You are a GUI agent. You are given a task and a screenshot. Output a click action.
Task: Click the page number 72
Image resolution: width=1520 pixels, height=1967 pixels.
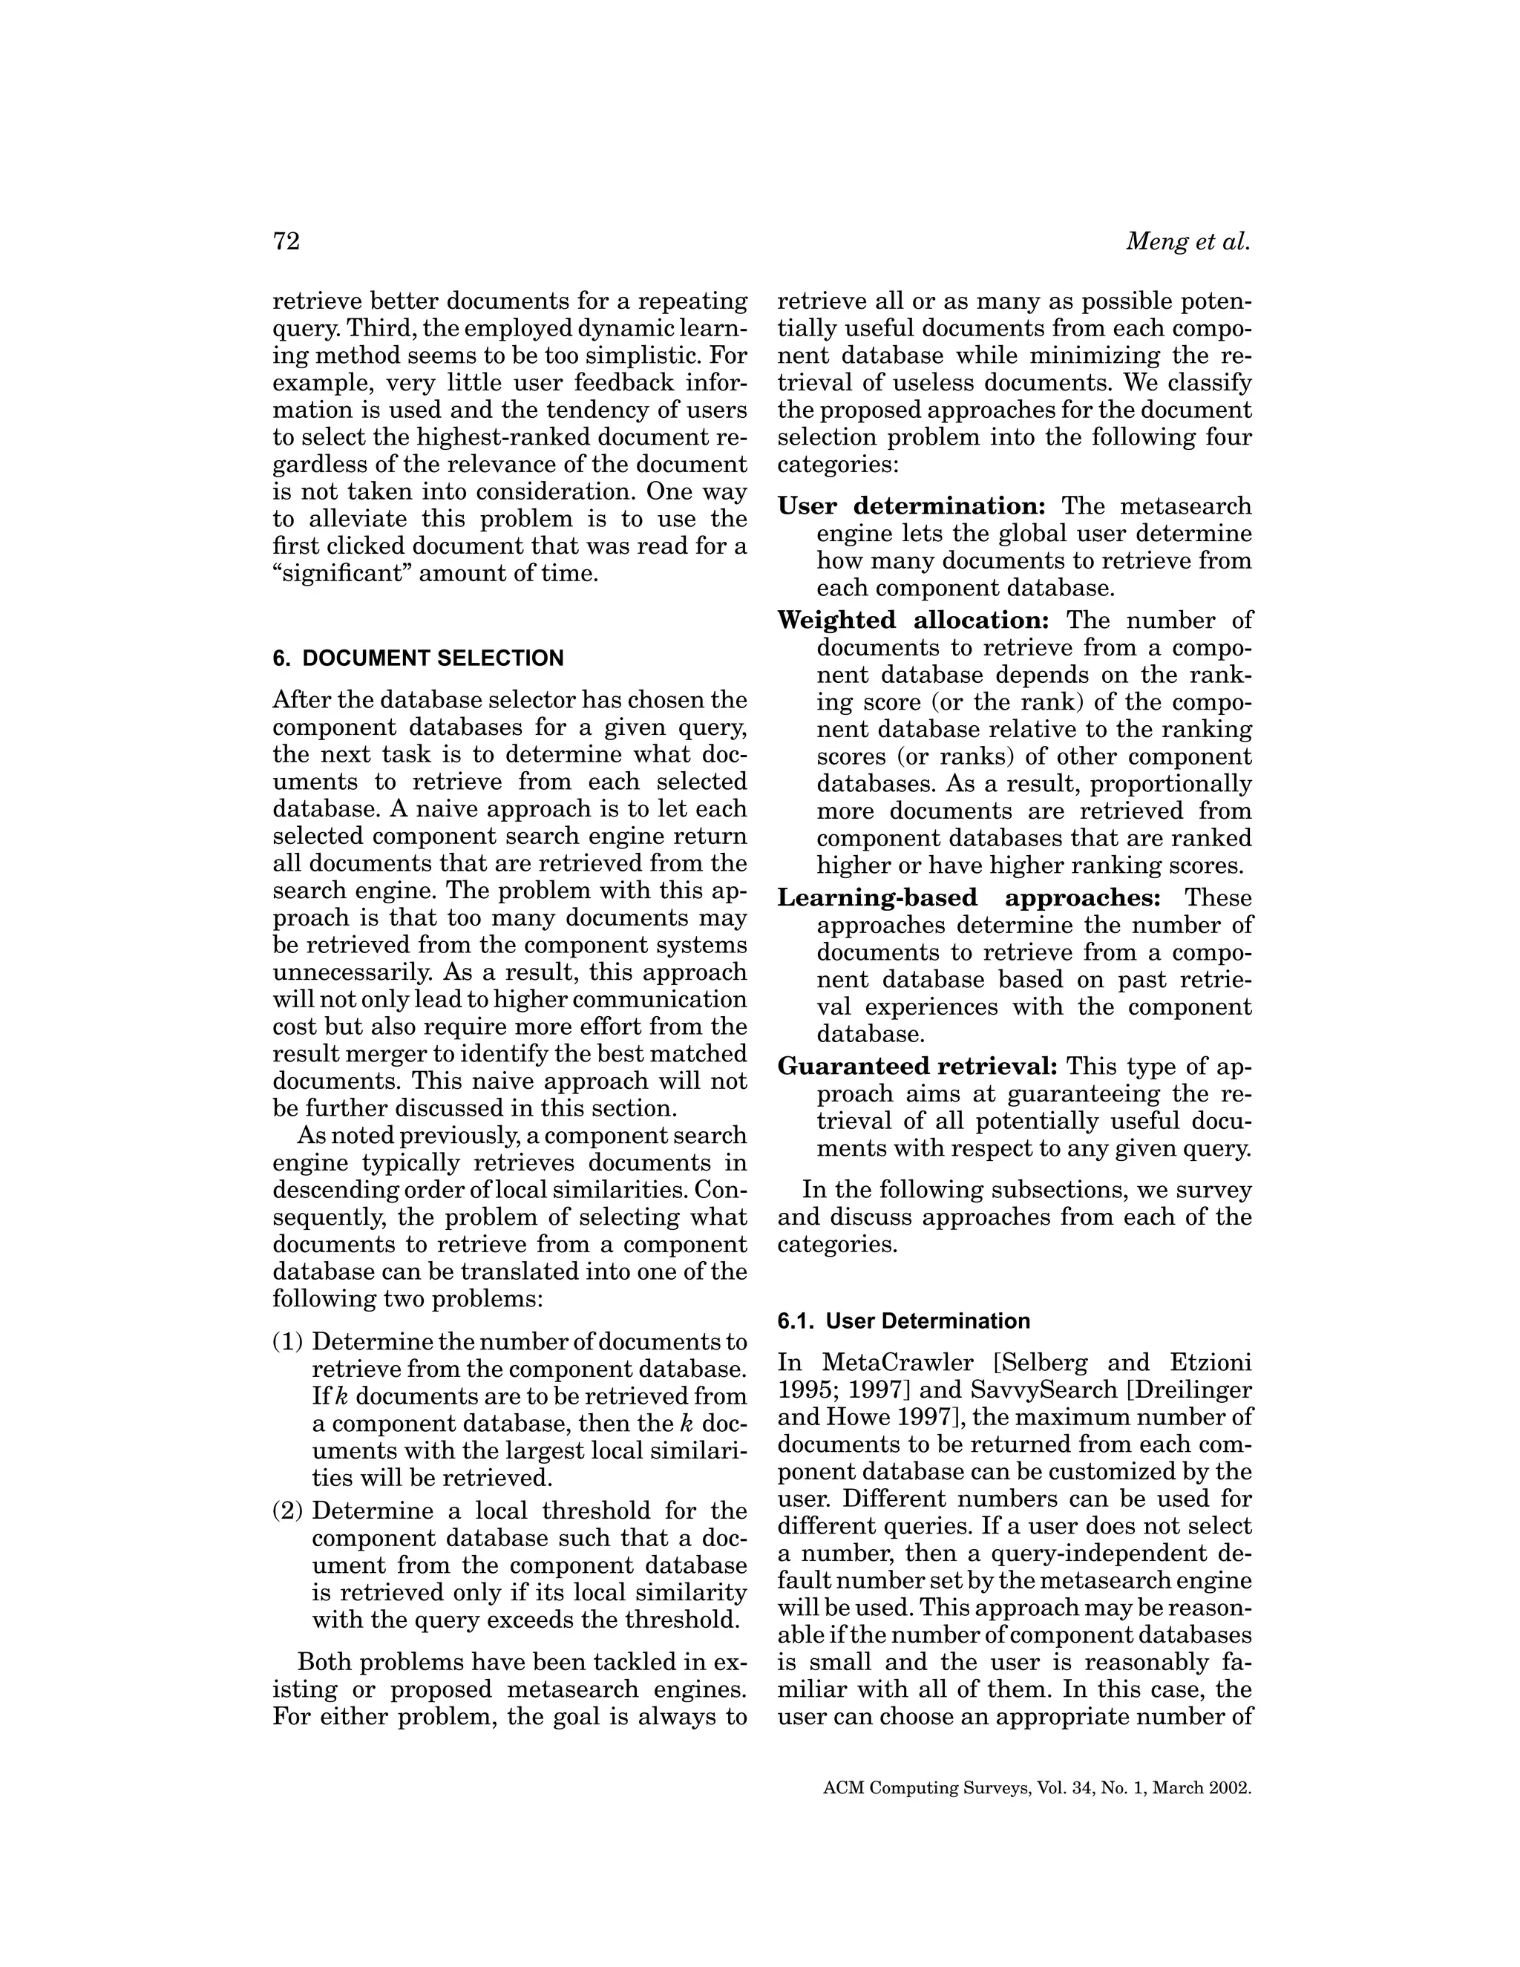click(286, 241)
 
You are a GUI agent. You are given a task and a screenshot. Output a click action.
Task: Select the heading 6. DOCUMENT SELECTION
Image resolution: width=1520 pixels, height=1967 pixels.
click(418, 658)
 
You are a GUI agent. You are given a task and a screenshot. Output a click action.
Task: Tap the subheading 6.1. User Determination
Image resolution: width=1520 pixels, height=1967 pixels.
click(903, 1321)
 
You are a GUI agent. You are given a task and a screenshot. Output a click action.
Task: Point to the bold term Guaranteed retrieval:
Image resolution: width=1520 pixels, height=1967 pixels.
click(917, 1067)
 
